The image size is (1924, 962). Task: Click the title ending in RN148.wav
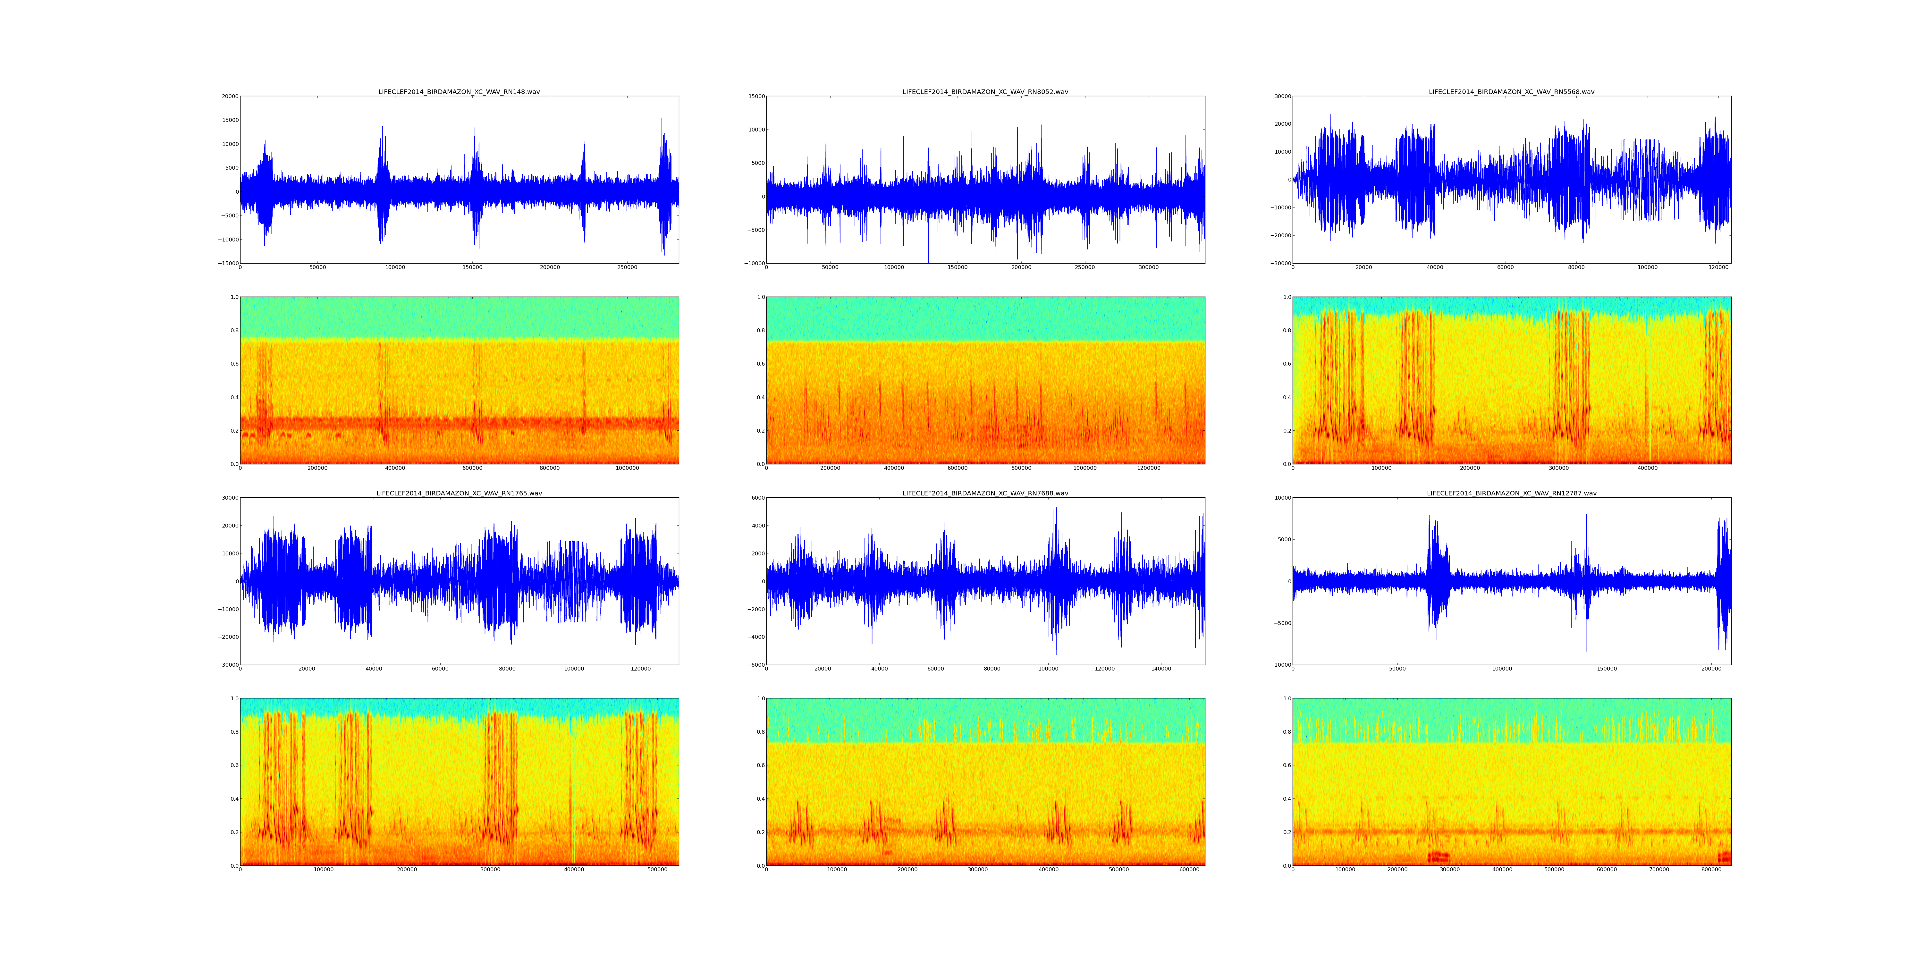click(459, 92)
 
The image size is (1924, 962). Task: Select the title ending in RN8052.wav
click(985, 92)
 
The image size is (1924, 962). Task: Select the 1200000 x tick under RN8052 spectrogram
click(1149, 468)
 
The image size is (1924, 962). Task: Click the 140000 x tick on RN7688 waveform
click(1161, 669)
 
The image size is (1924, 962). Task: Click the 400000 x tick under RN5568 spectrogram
click(1648, 468)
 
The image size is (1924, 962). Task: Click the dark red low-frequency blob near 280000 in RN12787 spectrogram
click(1439, 857)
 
